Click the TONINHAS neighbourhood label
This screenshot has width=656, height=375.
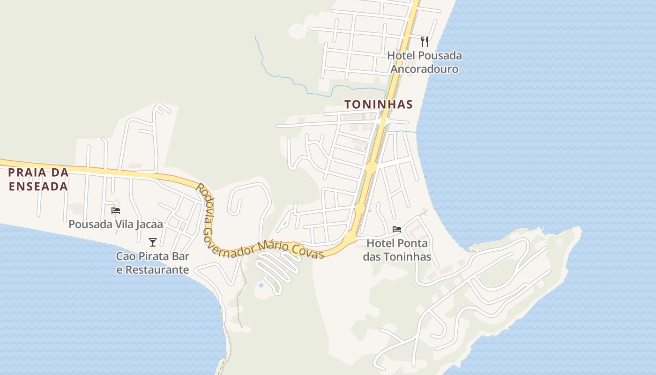tap(379, 105)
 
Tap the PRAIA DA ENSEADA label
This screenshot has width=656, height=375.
tap(38, 179)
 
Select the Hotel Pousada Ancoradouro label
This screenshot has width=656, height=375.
tap(425, 62)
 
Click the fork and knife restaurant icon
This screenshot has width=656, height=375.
tap(425, 42)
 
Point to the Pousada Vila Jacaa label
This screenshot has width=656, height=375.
tap(116, 225)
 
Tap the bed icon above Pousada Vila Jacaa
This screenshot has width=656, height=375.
tap(116, 210)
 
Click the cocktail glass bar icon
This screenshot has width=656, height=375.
tap(153, 242)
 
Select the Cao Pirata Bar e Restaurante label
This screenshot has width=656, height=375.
tap(153, 263)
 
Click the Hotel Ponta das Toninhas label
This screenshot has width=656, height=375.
tap(397, 250)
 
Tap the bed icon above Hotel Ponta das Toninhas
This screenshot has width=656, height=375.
tap(397, 229)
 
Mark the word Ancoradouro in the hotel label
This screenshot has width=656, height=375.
tap(425, 69)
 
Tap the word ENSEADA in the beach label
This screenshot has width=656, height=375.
tap(38, 186)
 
